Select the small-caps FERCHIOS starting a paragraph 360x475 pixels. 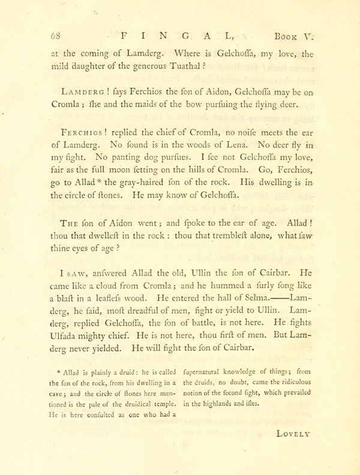82,132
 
